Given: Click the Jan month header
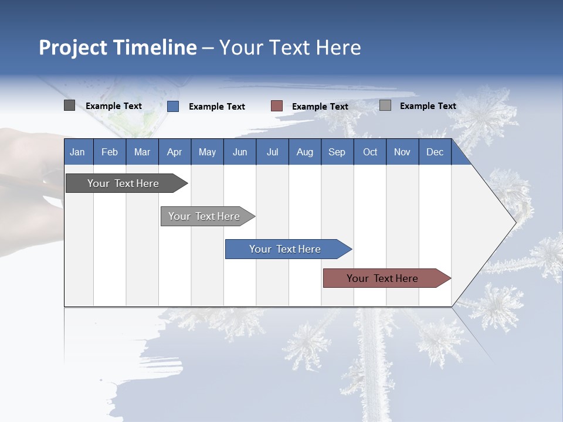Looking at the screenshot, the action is [77, 152].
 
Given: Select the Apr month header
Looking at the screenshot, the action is [175, 152].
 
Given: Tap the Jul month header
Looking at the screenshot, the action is [273, 152].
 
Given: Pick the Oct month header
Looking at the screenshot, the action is [370, 152].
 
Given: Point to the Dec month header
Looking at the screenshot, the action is [435, 152].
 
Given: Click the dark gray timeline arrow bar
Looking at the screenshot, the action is [127, 183].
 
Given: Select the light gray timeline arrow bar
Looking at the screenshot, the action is [208, 216].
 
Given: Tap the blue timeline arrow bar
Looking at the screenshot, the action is [289, 249].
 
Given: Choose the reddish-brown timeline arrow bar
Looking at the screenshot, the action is [387, 278].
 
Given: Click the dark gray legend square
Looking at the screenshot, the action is [70, 105].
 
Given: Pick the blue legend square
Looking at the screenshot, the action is [173, 106].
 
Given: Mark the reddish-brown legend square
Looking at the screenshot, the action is [276, 106].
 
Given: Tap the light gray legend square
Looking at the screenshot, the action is [385, 105].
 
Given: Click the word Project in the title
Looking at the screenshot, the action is [73, 47].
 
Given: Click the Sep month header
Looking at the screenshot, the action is [337, 152].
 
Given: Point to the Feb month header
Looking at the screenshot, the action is [110, 152].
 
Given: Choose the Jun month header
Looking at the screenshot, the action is [240, 152].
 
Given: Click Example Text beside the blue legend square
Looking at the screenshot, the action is [217, 107].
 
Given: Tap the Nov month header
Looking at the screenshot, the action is [402, 152].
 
